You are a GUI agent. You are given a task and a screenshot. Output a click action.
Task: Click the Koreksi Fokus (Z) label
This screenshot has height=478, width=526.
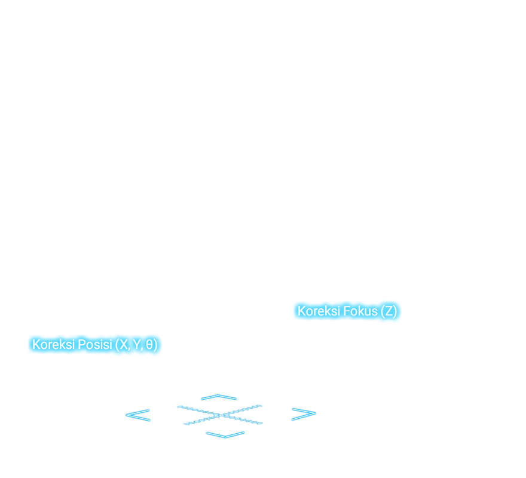point(347,311)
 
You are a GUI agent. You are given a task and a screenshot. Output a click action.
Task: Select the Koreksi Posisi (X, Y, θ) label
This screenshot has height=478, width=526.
point(95,345)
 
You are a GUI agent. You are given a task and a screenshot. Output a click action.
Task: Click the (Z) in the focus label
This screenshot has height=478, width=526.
point(389,311)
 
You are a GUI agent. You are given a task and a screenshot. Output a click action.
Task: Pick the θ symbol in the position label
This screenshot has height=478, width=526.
point(149,345)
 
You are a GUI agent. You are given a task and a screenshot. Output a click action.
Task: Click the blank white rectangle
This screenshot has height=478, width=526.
point(116,376)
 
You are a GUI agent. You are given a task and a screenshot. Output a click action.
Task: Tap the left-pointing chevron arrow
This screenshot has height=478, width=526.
point(137,415)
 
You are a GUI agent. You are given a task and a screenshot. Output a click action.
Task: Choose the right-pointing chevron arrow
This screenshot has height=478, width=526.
point(303,415)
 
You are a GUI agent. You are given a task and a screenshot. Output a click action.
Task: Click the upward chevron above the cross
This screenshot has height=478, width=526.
point(219,397)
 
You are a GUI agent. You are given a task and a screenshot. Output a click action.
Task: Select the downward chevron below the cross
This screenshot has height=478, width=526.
point(225,434)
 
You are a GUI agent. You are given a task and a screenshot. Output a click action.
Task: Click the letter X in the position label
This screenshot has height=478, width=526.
point(125,345)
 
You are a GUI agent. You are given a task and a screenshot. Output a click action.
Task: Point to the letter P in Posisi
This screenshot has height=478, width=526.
point(81,345)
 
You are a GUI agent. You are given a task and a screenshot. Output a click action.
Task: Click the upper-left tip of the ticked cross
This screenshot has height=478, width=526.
point(179,407)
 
